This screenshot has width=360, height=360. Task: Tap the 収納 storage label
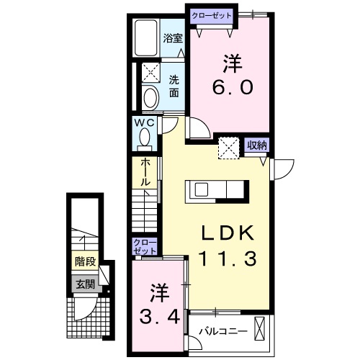(x=257, y=145)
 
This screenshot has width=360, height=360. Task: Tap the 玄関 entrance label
(x=84, y=284)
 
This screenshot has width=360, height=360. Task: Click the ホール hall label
(x=145, y=172)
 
